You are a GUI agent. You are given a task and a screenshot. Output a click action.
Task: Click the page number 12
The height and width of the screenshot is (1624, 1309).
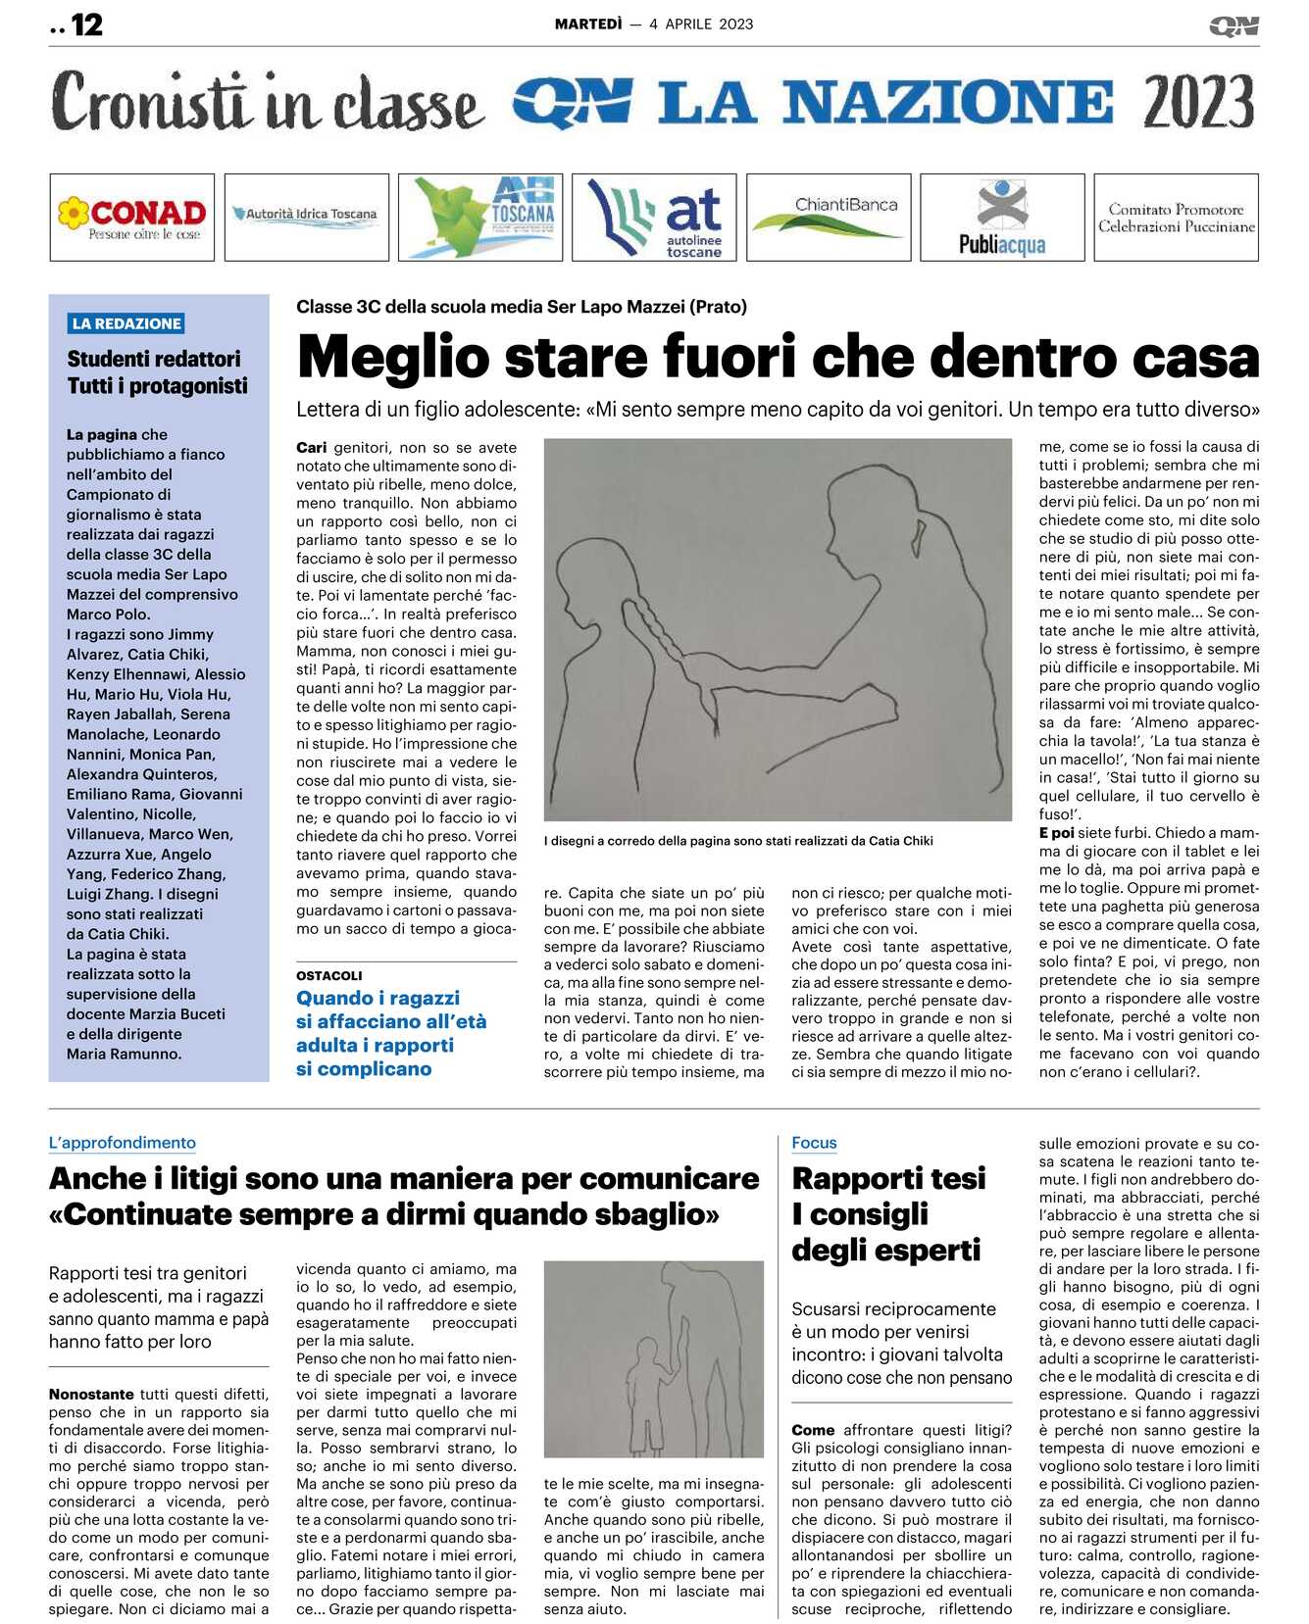[86, 25]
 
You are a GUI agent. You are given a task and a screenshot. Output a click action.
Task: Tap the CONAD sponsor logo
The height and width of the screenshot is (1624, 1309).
[132, 218]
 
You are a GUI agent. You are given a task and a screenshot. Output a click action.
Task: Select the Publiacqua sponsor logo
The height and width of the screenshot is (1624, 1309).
[1002, 218]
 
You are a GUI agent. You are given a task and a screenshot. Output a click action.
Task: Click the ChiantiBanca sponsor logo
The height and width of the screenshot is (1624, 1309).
[829, 218]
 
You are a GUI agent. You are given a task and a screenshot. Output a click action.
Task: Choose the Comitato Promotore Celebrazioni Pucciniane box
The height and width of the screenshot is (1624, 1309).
[1176, 218]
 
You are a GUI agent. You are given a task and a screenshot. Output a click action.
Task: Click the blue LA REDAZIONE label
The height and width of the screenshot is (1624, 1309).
[126, 323]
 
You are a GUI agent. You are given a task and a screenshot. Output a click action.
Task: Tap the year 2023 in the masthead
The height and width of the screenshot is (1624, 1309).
[1198, 102]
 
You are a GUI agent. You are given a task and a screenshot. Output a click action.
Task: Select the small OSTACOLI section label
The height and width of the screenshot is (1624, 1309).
[329, 975]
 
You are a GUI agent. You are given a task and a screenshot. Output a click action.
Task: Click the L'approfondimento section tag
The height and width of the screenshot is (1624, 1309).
[123, 1143]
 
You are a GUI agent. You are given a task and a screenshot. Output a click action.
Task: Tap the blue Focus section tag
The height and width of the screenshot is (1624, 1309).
[814, 1143]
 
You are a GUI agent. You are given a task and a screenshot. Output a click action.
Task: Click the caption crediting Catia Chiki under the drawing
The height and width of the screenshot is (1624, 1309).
[738, 840]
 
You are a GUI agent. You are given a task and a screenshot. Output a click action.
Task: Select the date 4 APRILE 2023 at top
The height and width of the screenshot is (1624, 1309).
[701, 25]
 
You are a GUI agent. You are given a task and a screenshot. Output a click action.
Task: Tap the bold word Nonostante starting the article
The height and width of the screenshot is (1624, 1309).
[91, 1394]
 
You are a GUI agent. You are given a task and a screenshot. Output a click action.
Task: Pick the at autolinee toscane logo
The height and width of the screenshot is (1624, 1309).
[655, 218]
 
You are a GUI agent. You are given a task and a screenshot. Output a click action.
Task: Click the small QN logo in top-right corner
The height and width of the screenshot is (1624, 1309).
[1233, 25]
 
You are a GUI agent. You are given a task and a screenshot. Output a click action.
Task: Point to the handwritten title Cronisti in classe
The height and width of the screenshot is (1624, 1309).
[267, 102]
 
